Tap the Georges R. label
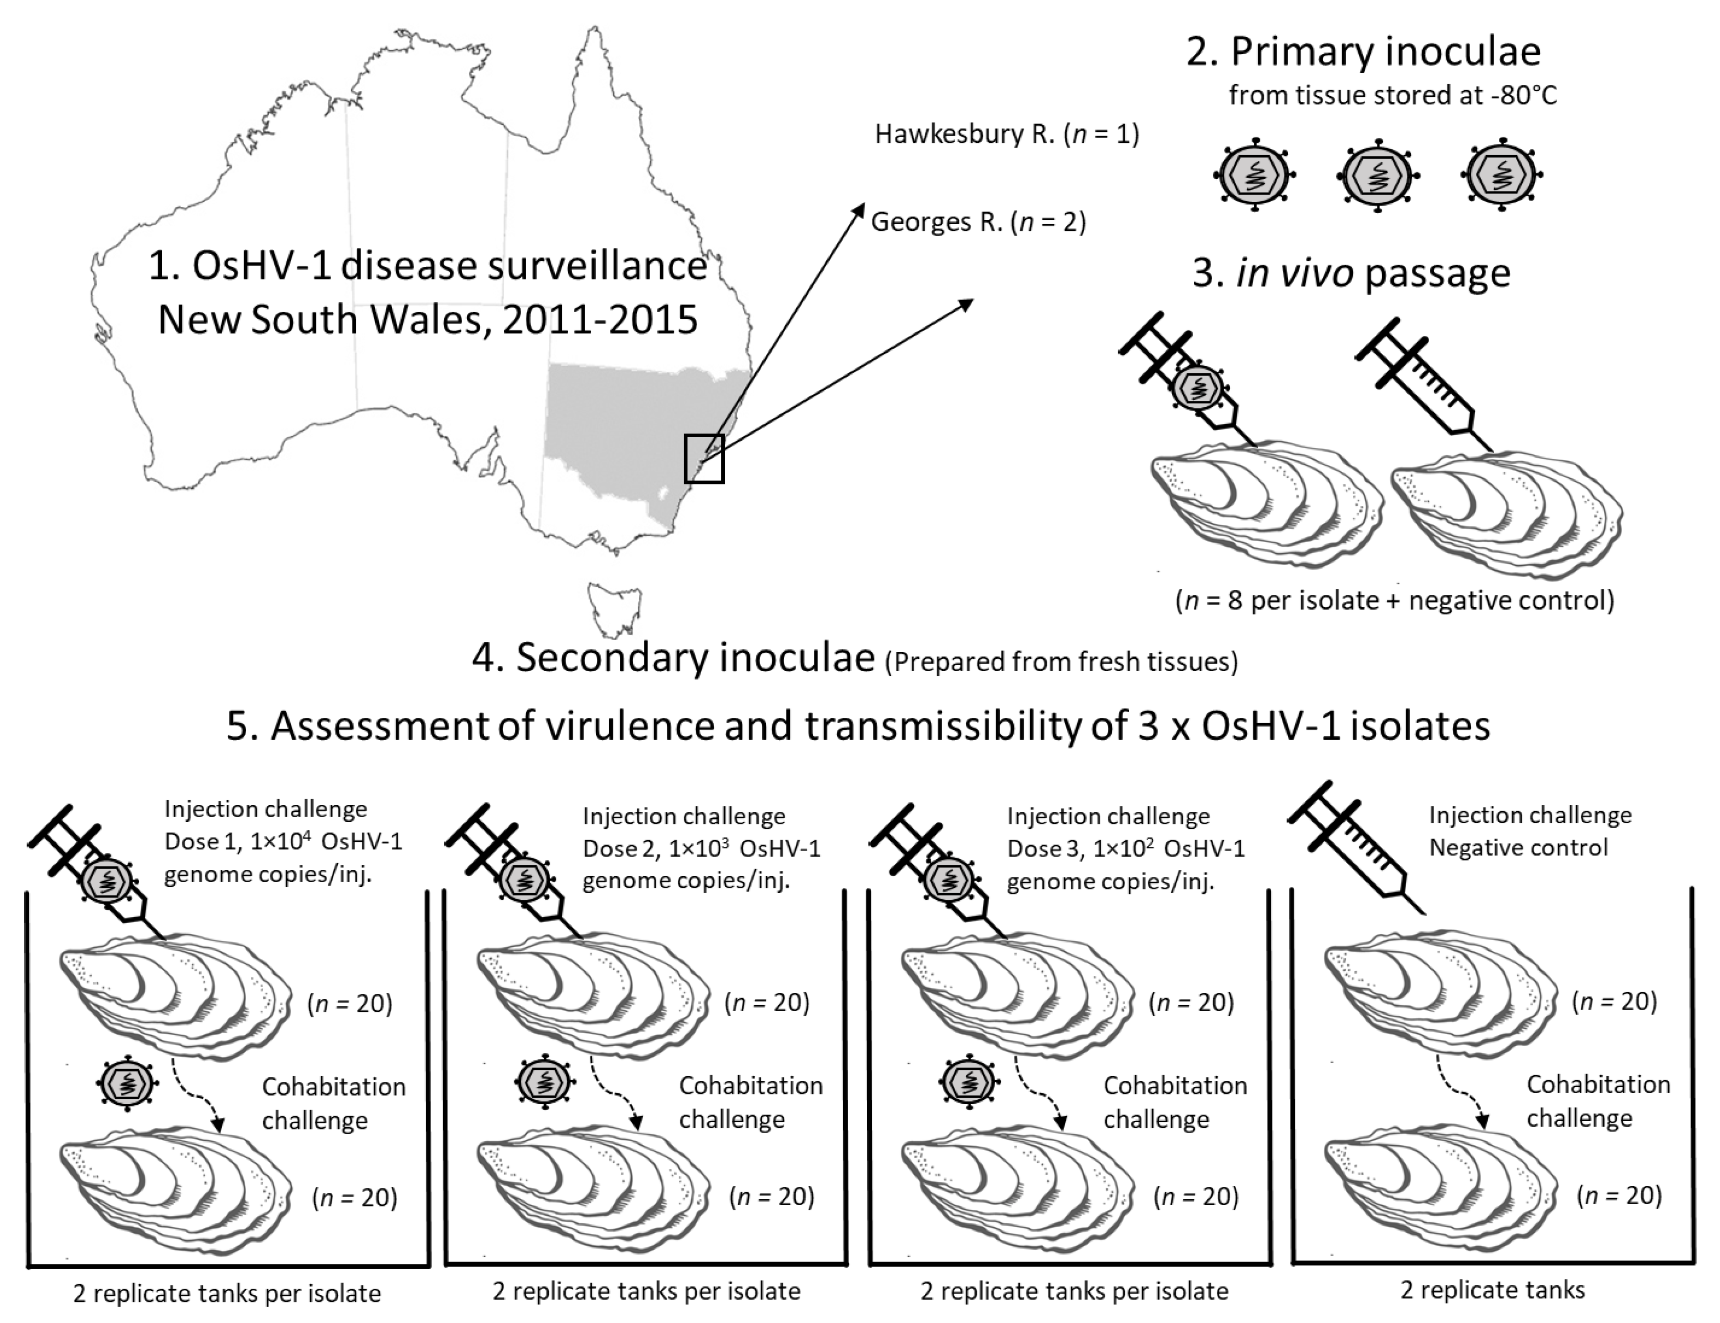coord(978,222)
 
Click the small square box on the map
coord(704,458)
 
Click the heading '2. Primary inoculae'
coord(1363,52)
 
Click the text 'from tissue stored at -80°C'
coord(1392,95)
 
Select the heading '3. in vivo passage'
coord(1351,273)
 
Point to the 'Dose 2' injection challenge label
coord(701,848)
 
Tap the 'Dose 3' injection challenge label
coord(1126,848)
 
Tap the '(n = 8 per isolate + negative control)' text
coord(1394,601)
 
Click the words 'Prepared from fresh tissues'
coord(1061,661)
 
